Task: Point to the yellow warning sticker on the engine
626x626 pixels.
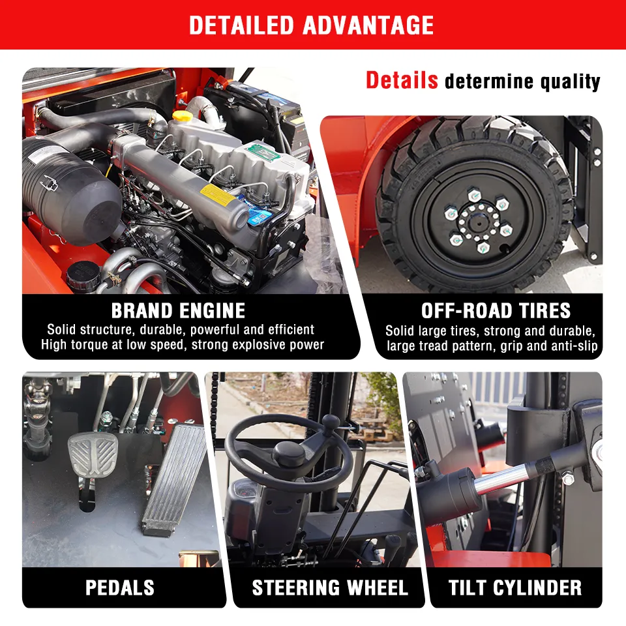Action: [218, 195]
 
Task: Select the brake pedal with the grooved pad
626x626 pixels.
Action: [93, 456]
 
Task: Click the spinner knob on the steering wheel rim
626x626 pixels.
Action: [331, 423]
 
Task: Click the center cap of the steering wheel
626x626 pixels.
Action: [289, 454]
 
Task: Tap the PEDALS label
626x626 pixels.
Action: [120, 588]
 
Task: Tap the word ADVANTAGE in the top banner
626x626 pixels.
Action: [368, 25]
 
